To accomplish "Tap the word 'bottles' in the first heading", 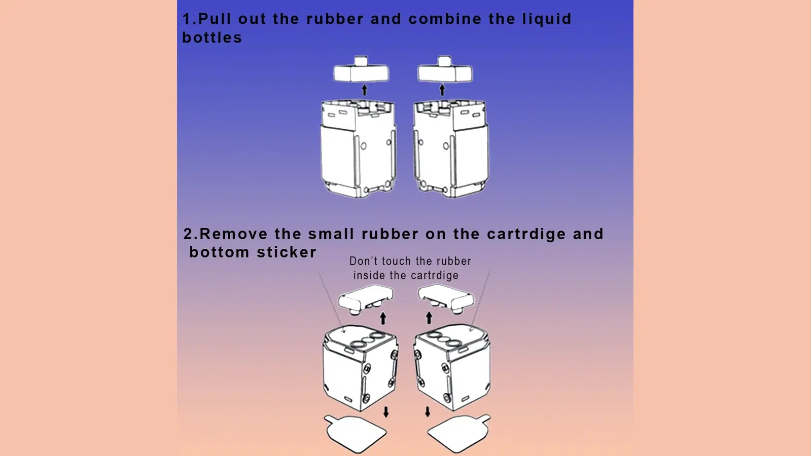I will pos(212,38).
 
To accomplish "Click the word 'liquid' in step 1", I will pos(547,19).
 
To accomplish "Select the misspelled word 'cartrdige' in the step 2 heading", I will pos(526,235).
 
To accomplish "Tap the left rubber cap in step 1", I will pos(361,71).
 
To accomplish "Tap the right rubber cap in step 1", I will pos(445,71).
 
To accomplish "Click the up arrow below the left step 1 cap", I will pos(364,90).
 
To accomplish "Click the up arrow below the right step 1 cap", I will pos(442,90).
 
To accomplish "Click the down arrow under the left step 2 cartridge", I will pos(386,411).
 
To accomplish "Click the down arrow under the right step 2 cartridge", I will pos(428,411).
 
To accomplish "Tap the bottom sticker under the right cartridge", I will pos(459,433).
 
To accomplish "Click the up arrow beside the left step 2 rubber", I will pos(383,318).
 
